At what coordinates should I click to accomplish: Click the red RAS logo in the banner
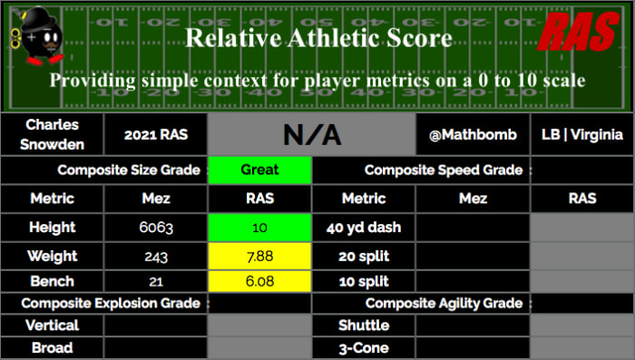[579, 32]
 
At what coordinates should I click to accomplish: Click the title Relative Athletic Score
[318, 38]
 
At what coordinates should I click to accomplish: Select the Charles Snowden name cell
[53, 134]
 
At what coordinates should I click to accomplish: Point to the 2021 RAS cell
[156, 134]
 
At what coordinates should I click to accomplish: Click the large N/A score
[312, 135]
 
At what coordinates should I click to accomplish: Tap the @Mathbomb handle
[473, 134]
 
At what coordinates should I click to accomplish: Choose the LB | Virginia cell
[582, 134]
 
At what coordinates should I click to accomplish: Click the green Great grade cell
[259, 170]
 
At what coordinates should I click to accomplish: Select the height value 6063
[156, 228]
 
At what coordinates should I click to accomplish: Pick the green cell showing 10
[259, 228]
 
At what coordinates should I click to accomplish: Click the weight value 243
[156, 257]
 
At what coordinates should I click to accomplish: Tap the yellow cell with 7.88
[259, 256]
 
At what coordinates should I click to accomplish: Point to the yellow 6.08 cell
[259, 281]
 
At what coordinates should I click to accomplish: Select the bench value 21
[156, 281]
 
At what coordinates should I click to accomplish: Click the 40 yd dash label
[364, 228]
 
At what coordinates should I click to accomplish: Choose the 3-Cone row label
[364, 348]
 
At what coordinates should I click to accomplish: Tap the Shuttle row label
[364, 326]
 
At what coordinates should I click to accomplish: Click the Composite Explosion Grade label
[111, 303]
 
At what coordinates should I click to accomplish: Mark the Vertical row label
[53, 326]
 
